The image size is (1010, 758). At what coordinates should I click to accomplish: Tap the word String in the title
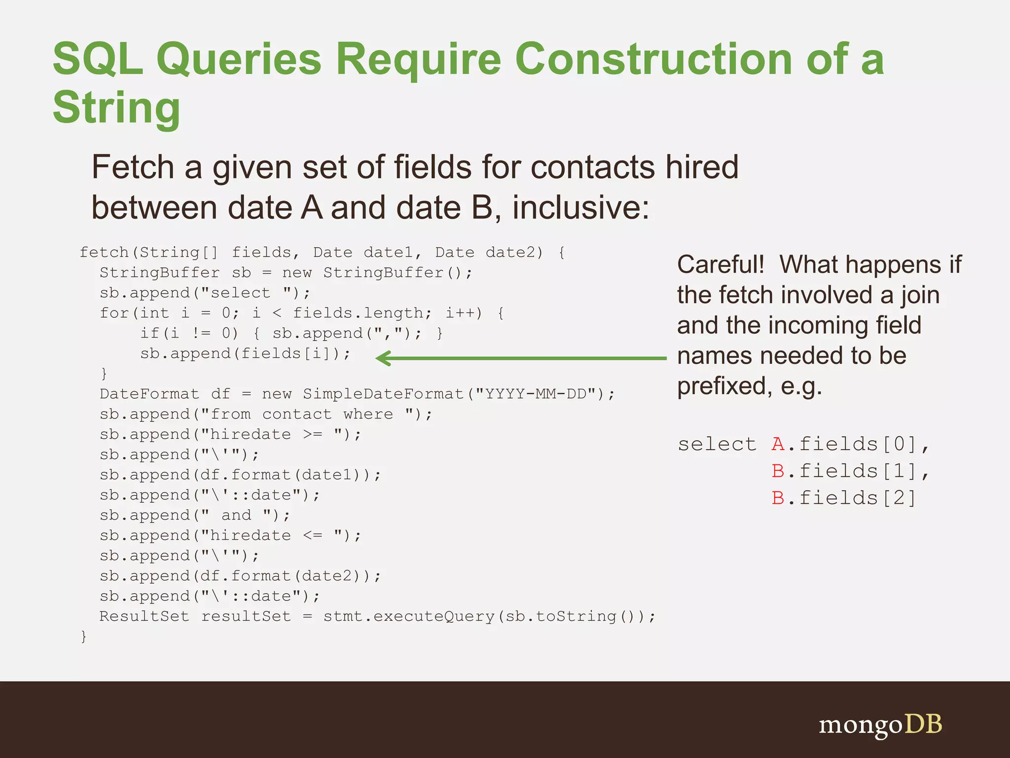point(117,108)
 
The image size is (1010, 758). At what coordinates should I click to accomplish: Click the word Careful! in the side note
point(721,265)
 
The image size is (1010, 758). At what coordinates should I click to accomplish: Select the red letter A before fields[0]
point(778,444)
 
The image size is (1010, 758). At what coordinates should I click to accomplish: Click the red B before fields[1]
point(778,471)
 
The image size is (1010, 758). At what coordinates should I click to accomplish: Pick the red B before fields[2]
point(778,498)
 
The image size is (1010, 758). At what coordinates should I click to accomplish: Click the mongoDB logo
point(880,725)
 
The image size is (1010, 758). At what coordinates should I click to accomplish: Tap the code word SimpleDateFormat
point(383,394)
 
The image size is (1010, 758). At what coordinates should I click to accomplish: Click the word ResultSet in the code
point(144,616)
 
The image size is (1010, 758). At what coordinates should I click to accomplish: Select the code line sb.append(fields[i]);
point(245,354)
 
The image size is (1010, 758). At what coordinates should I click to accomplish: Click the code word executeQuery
point(433,616)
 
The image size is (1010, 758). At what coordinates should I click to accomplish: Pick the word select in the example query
point(717,444)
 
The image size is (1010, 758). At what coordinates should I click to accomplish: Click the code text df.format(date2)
point(285,576)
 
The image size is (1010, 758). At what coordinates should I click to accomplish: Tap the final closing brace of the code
point(83,636)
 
